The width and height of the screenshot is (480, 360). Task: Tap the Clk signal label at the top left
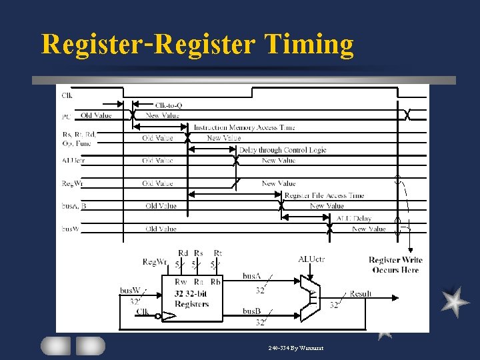67,94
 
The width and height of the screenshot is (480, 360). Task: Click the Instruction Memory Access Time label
244,127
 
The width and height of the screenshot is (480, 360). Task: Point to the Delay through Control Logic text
283,150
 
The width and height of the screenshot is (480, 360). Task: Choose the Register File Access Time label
324,195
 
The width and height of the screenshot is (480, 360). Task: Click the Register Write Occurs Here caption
395,265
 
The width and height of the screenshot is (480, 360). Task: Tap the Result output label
361,293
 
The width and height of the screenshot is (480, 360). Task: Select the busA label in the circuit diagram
251,275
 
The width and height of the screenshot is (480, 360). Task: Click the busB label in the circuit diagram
251,311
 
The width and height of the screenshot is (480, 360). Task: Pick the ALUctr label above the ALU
311,259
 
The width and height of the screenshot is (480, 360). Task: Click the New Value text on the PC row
162,115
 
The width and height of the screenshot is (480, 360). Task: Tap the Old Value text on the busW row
161,229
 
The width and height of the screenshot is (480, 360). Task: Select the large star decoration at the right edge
455,302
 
